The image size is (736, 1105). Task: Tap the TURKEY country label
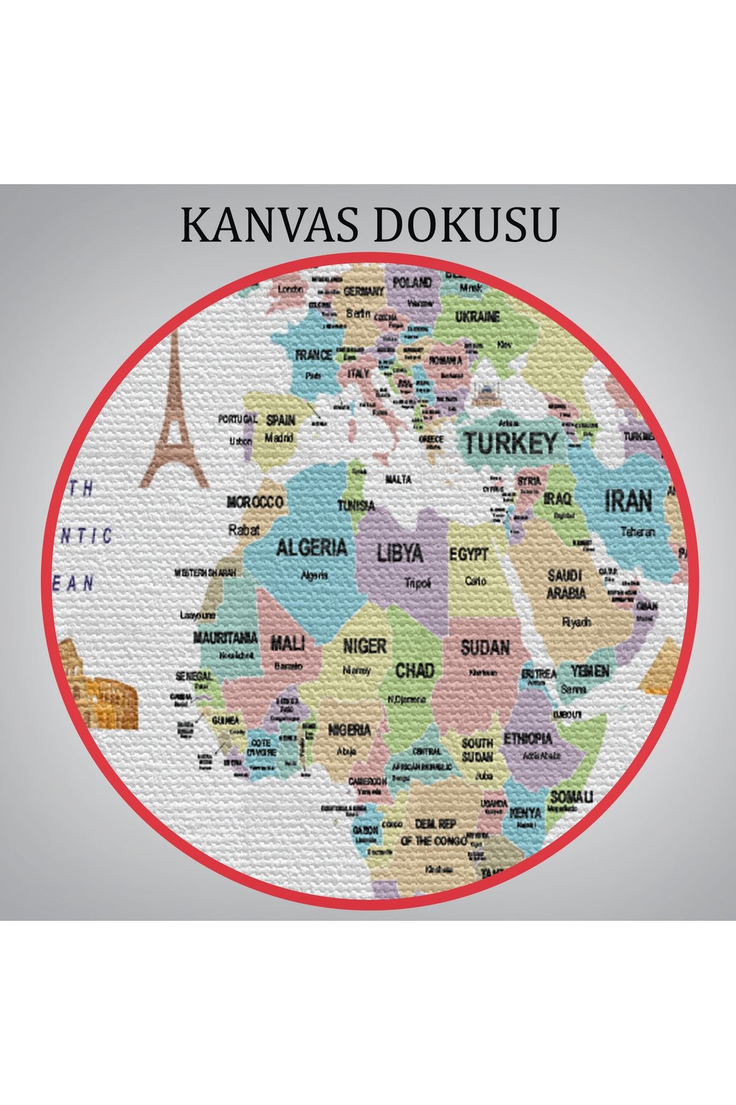pyautogui.click(x=510, y=443)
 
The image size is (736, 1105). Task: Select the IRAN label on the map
pyautogui.click(x=629, y=502)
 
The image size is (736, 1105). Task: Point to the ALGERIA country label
pyautogui.click(x=312, y=547)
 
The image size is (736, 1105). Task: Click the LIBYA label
pyautogui.click(x=400, y=553)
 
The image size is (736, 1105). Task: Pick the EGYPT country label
pyautogui.click(x=469, y=555)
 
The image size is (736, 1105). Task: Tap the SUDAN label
pyautogui.click(x=485, y=648)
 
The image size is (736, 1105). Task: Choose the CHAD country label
pyautogui.click(x=415, y=670)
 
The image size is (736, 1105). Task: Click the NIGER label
pyautogui.click(x=364, y=646)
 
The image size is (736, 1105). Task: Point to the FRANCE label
pyautogui.click(x=313, y=355)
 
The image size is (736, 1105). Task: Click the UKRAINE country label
pyautogui.click(x=477, y=317)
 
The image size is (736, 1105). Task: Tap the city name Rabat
pyautogui.click(x=244, y=529)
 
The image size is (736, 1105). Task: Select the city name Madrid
pyautogui.click(x=279, y=438)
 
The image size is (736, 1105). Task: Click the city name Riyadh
pyautogui.click(x=577, y=621)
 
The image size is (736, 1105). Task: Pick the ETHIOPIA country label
pyautogui.click(x=528, y=739)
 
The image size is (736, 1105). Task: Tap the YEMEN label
pyautogui.click(x=590, y=670)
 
